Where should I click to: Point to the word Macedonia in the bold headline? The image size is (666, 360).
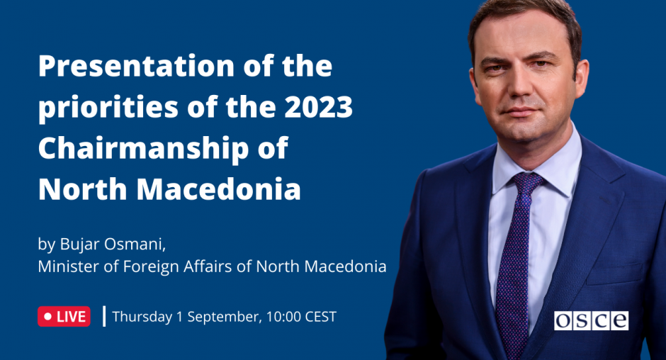coord(219,189)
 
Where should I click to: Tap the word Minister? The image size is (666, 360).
coord(69,266)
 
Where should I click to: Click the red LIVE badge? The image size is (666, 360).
coord(64,317)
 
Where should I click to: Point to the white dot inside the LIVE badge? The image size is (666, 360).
coord(47,317)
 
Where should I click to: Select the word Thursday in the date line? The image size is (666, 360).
coord(142,317)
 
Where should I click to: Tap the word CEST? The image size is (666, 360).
coord(321,317)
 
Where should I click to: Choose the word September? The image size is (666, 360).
coord(225,317)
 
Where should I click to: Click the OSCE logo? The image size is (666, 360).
coord(591,320)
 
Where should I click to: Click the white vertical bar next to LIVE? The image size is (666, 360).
coord(104,316)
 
